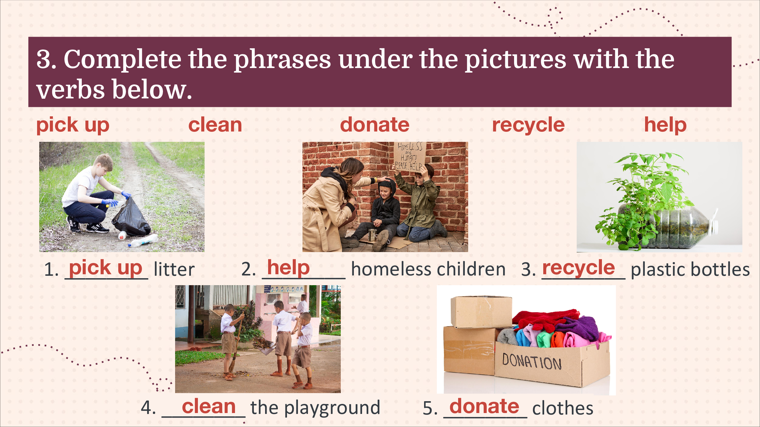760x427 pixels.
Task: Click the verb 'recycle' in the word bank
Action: click(x=528, y=125)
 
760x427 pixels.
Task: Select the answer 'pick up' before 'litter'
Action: click(x=105, y=268)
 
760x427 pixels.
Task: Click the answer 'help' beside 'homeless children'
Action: click(x=288, y=268)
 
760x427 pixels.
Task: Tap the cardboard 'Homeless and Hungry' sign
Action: click(x=409, y=156)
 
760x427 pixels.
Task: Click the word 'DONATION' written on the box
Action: click(x=531, y=361)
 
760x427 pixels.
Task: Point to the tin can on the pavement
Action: click(x=372, y=235)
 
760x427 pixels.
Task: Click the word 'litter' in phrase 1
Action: click(x=174, y=269)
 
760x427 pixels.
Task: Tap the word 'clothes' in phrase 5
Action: click(x=563, y=408)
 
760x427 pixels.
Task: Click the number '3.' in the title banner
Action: click(x=46, y=59)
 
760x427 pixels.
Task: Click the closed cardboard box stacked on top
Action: click(x=481, y=312)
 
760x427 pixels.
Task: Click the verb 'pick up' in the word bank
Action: click(x=73, y=125)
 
